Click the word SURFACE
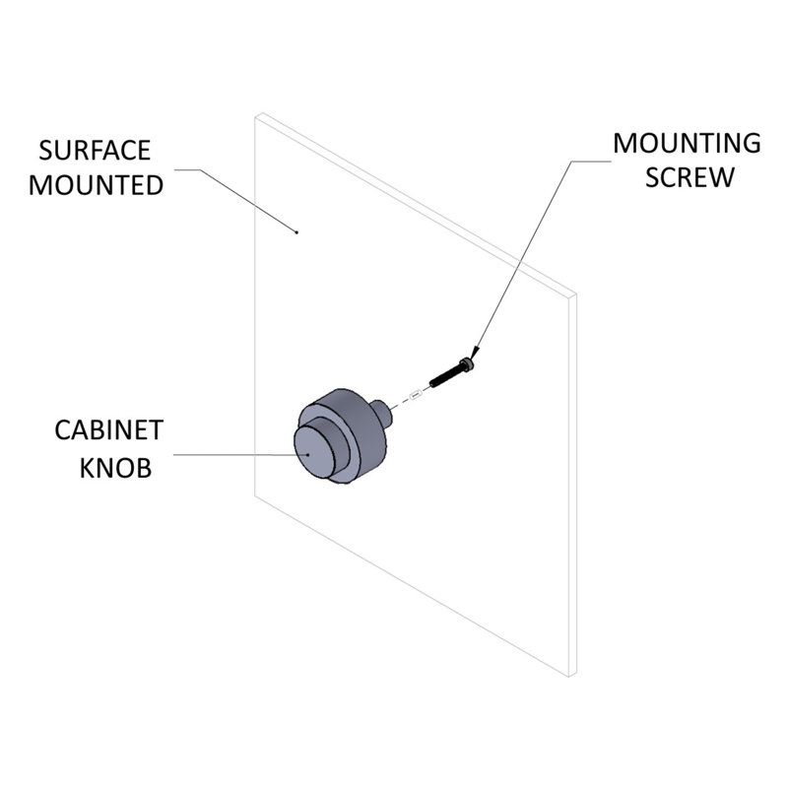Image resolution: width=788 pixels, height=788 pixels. coord(95,151)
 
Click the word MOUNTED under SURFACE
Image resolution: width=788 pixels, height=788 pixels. coord(96,185)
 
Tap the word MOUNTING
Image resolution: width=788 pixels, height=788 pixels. coord(687,143)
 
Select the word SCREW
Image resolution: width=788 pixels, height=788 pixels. coord(689,177)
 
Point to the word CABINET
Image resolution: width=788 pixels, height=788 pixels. coord(109,430)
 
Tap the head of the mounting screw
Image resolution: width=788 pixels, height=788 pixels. coord(467,364)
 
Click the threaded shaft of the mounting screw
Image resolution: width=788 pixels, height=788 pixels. coord(445,376)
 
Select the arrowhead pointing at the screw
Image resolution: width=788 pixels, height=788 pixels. coord(474,353)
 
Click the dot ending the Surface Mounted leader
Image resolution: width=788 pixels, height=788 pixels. coord(296,232)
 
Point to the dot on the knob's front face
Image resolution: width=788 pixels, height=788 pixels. coord(308,454)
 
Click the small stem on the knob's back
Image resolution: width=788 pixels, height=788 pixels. coord(381,412)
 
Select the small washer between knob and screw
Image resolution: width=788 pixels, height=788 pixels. coord(415,395)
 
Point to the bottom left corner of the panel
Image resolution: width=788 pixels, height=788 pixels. coord(255,496)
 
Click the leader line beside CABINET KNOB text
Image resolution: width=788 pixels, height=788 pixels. coord(240,455)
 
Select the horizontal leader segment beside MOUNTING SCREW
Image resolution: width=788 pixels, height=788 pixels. coord(591,162)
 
